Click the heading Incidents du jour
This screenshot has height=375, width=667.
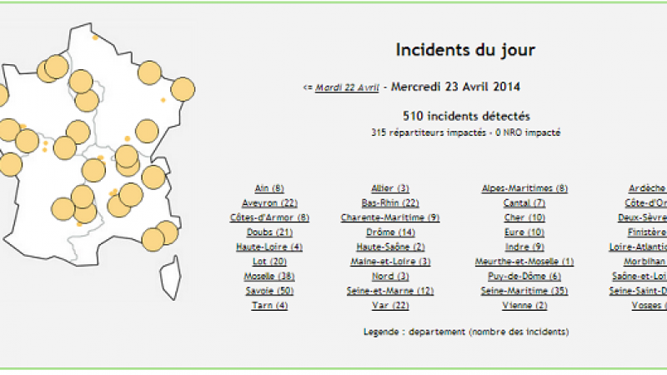(x=464, y=50)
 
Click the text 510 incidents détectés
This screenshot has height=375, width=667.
(x=465, y=117)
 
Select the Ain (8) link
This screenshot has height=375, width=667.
(x=268, y=188)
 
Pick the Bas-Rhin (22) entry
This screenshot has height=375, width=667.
(x=390, y=203)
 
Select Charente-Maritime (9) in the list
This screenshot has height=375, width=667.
(x=390, y=217)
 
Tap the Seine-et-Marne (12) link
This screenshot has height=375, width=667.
(x=390, y=291)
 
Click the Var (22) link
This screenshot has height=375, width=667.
(x=390, y=305)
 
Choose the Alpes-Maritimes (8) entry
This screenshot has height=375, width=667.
(x=524, y=188)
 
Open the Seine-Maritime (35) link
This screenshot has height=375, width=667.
(x=524, y=291)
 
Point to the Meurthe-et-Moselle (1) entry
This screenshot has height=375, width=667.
(x=524, y=262)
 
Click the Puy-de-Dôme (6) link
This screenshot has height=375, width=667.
(x=524, y=276)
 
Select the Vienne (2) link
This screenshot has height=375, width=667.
(x=524, y=305)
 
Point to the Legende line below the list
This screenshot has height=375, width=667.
(x=466, y=332)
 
